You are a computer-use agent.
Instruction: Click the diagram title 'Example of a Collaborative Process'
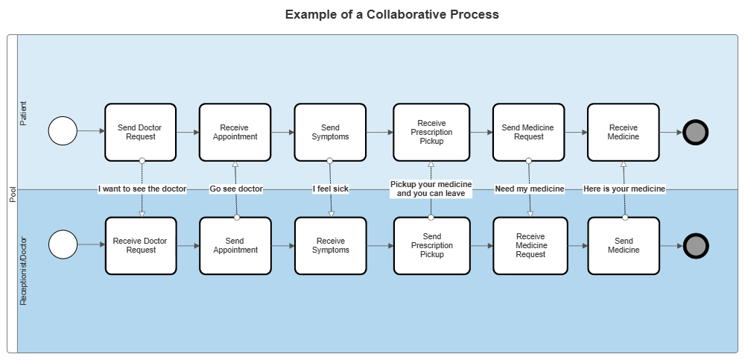392,15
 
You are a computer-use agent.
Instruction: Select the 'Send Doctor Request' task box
141,132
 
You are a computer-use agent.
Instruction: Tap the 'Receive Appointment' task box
235,132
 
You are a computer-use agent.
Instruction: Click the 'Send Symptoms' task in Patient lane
330,132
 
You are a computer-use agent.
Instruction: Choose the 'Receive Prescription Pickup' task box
431,132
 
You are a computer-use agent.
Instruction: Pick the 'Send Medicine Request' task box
528,132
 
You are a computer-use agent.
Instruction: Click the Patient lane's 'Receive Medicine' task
623,132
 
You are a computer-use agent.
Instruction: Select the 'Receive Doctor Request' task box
141,245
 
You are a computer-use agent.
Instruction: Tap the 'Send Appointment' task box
235,245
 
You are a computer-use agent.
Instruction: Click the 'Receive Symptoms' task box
331,245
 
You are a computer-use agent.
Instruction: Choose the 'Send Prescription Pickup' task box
431,245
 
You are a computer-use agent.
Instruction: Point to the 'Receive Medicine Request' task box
530,245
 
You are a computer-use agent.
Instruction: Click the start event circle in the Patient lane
63,132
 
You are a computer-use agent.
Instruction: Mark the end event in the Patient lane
695,133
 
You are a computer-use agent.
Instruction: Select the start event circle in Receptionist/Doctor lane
63,245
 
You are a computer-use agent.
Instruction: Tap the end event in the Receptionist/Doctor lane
695,245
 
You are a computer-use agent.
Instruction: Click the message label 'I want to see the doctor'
142,189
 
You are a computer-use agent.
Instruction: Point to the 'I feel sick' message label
331,189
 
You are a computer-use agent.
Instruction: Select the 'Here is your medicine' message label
624,189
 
